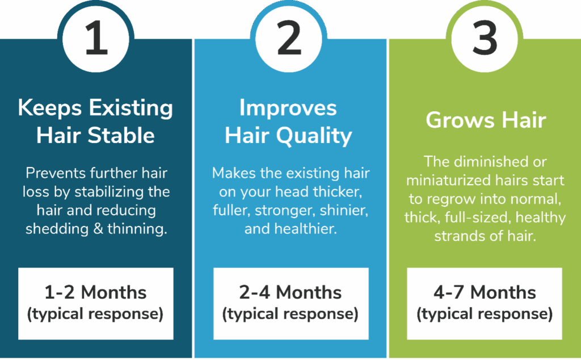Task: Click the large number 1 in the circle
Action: [x=96, y=38]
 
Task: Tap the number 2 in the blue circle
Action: [x=289, y=38]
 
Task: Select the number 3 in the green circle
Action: [x=485, y=38]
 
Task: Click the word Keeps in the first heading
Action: [x=50, y=108]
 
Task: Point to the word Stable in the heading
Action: [x=121, y=135]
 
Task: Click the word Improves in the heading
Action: [x=288, y=108]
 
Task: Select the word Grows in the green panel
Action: [x=460, y=120]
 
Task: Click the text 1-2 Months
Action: [x=95, y=292]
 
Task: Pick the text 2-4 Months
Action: [x=290, y=292]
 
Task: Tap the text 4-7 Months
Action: [x=485, y=292]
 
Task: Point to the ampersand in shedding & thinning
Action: [x=98, y=229]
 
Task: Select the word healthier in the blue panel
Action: [x=306, y=229]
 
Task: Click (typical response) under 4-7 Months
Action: [x=485, y=314]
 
